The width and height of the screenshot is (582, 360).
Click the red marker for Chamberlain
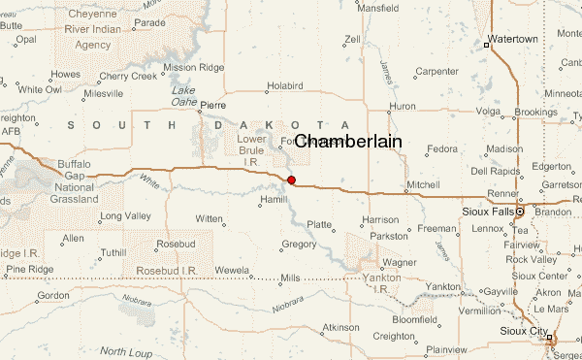tap(291, 180)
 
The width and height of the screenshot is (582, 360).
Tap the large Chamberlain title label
tap(347, 142)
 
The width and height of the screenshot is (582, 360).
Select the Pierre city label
tap(213, 105)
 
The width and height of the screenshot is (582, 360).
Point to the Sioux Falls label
tap(486, 211)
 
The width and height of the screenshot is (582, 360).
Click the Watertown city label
tap(512, 39)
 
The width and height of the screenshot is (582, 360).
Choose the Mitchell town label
tap(423, 184)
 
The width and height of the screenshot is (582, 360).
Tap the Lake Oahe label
tap(183, 96)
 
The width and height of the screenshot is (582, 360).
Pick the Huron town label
tap(402, 106)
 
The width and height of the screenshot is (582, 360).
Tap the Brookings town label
tap(535, 113)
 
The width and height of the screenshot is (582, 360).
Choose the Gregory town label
tap(299, 244)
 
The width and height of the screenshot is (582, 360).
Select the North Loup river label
tap(127, 350)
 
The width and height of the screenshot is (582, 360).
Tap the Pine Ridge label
tap(27, 268)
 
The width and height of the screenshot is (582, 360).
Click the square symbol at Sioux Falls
tap(519, 211)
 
